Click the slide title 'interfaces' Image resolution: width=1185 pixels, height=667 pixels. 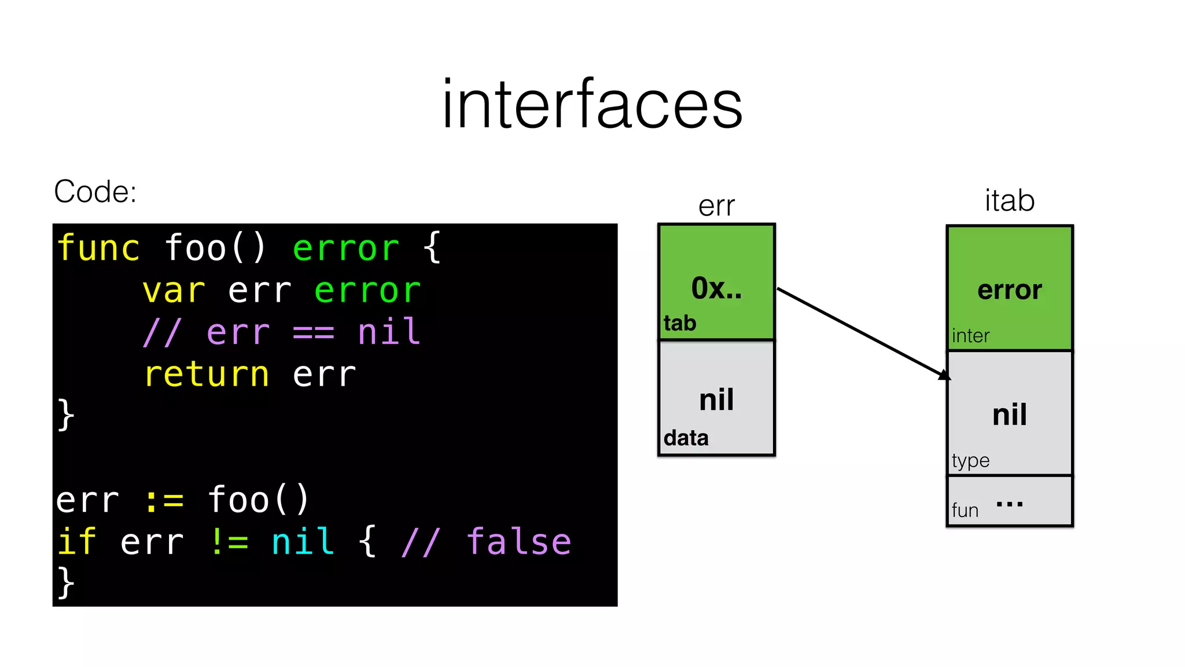[x=592, y=104]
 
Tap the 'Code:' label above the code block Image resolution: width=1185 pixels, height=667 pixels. [x=95, y=192]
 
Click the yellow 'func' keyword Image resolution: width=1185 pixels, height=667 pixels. [x=98, y=248]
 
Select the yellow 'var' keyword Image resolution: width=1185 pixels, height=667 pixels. [x=174, y=291]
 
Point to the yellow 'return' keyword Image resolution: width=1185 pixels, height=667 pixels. [x=207, y=374]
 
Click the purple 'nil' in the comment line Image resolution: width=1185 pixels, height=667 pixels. [x=389, y=332]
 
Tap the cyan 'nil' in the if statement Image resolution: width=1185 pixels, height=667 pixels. [x=303, y=542]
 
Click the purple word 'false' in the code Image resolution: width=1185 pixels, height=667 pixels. [x=518, y=542]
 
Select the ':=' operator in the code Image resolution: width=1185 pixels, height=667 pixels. [x=164, y=500]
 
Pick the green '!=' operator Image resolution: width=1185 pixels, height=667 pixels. [x=229, y=542]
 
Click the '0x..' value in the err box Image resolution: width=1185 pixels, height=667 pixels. [x=716, y=288]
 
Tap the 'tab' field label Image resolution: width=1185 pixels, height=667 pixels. [x=680, y=323]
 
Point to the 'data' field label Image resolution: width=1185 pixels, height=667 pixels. [x=686, y=438]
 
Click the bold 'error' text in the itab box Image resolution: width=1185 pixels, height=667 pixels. [x=1010, y=290]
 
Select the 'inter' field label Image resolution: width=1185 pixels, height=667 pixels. [x=970, y=336]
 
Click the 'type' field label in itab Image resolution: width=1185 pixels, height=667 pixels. [x=970, y=461]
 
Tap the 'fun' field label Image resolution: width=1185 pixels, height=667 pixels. [x=965, y=511]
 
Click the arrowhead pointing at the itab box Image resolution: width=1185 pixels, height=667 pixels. [x=944, y=375]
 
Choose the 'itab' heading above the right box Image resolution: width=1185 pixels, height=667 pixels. [x=1010, y=201]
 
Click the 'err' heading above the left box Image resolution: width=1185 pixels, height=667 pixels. [x=716, y=206]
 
